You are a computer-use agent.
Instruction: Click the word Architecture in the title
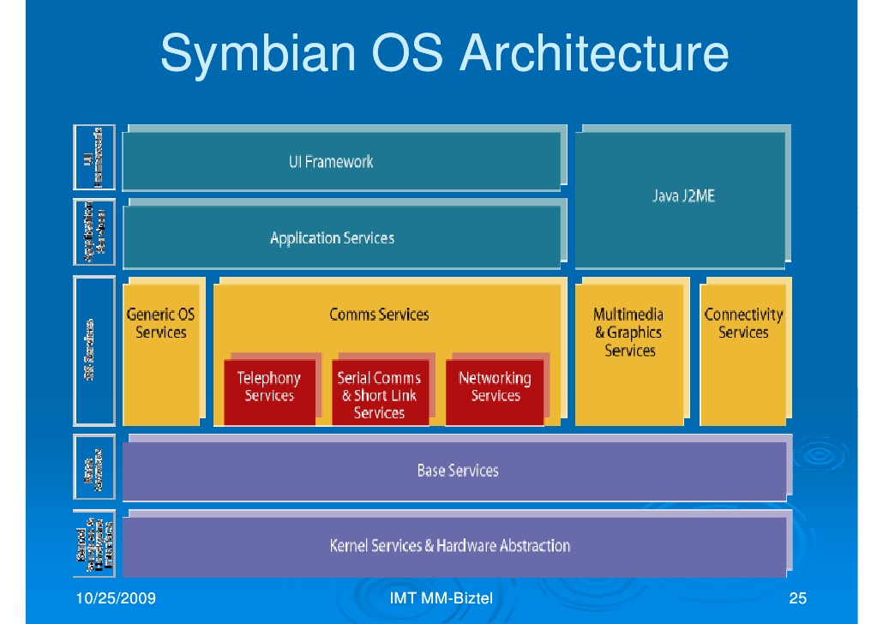coord(594,53)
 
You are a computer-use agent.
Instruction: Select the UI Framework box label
coord(331,161)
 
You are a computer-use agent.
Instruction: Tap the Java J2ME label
coord(683,196)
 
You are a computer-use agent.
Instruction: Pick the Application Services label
coord(332,238)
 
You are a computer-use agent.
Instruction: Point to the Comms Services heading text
coord(379,315)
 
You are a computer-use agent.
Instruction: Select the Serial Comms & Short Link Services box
coord(379,394)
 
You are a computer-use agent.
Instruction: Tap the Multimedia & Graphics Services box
coord(629,351)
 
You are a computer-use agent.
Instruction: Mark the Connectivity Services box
coord(743,351)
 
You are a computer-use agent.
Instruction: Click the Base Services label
coord(457,470)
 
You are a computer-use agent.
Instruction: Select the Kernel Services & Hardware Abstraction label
coord(449,545)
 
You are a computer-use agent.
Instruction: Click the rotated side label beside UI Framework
coord(94,158)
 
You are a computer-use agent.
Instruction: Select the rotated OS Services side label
coord(94,350)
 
